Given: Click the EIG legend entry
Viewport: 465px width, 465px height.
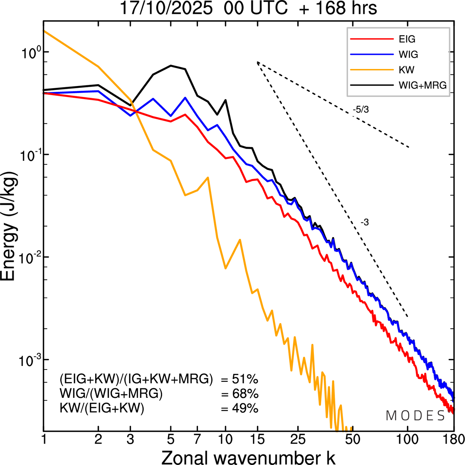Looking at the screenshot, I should [x=407, y=39].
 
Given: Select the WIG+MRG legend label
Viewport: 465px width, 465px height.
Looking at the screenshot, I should [x=422, y=85].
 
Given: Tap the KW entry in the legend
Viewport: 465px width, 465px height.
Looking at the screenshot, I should [x=407, y=70].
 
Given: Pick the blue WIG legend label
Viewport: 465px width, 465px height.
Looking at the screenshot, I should [x=408, y=54].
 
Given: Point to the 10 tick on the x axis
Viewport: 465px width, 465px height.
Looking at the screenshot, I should [x=225, y=439].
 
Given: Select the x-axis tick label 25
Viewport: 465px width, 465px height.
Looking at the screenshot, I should [x=298, y=439].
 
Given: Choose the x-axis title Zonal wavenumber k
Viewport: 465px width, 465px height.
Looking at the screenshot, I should [x=248, y=457].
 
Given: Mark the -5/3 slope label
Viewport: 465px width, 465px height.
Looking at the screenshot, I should [x=361, y=110].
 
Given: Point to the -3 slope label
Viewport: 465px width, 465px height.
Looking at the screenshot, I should [x=365, y=223].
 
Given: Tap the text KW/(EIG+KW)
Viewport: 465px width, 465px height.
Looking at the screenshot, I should [x=102, y=408].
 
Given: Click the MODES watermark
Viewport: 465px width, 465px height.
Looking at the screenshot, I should [x=415, y=416].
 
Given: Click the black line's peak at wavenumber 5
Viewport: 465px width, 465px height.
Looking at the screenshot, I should [x=171, y=66].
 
